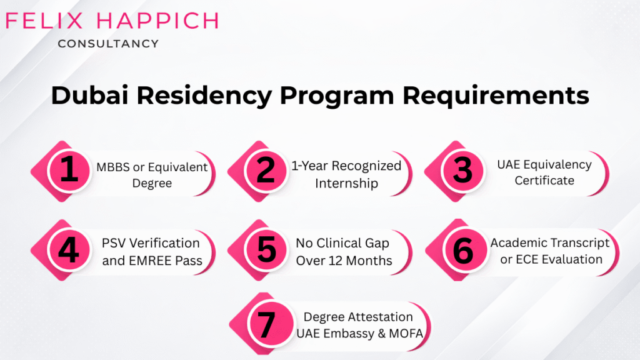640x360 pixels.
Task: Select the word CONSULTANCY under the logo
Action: [107, 44]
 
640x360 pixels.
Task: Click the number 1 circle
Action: [69, 171]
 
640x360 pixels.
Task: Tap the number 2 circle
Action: [266, 171]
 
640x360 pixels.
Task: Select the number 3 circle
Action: [462, 171]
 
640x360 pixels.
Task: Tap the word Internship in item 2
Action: [346, 183]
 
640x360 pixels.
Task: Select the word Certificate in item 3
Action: [544, 180]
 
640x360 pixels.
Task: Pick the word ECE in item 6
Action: [525, 259]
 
